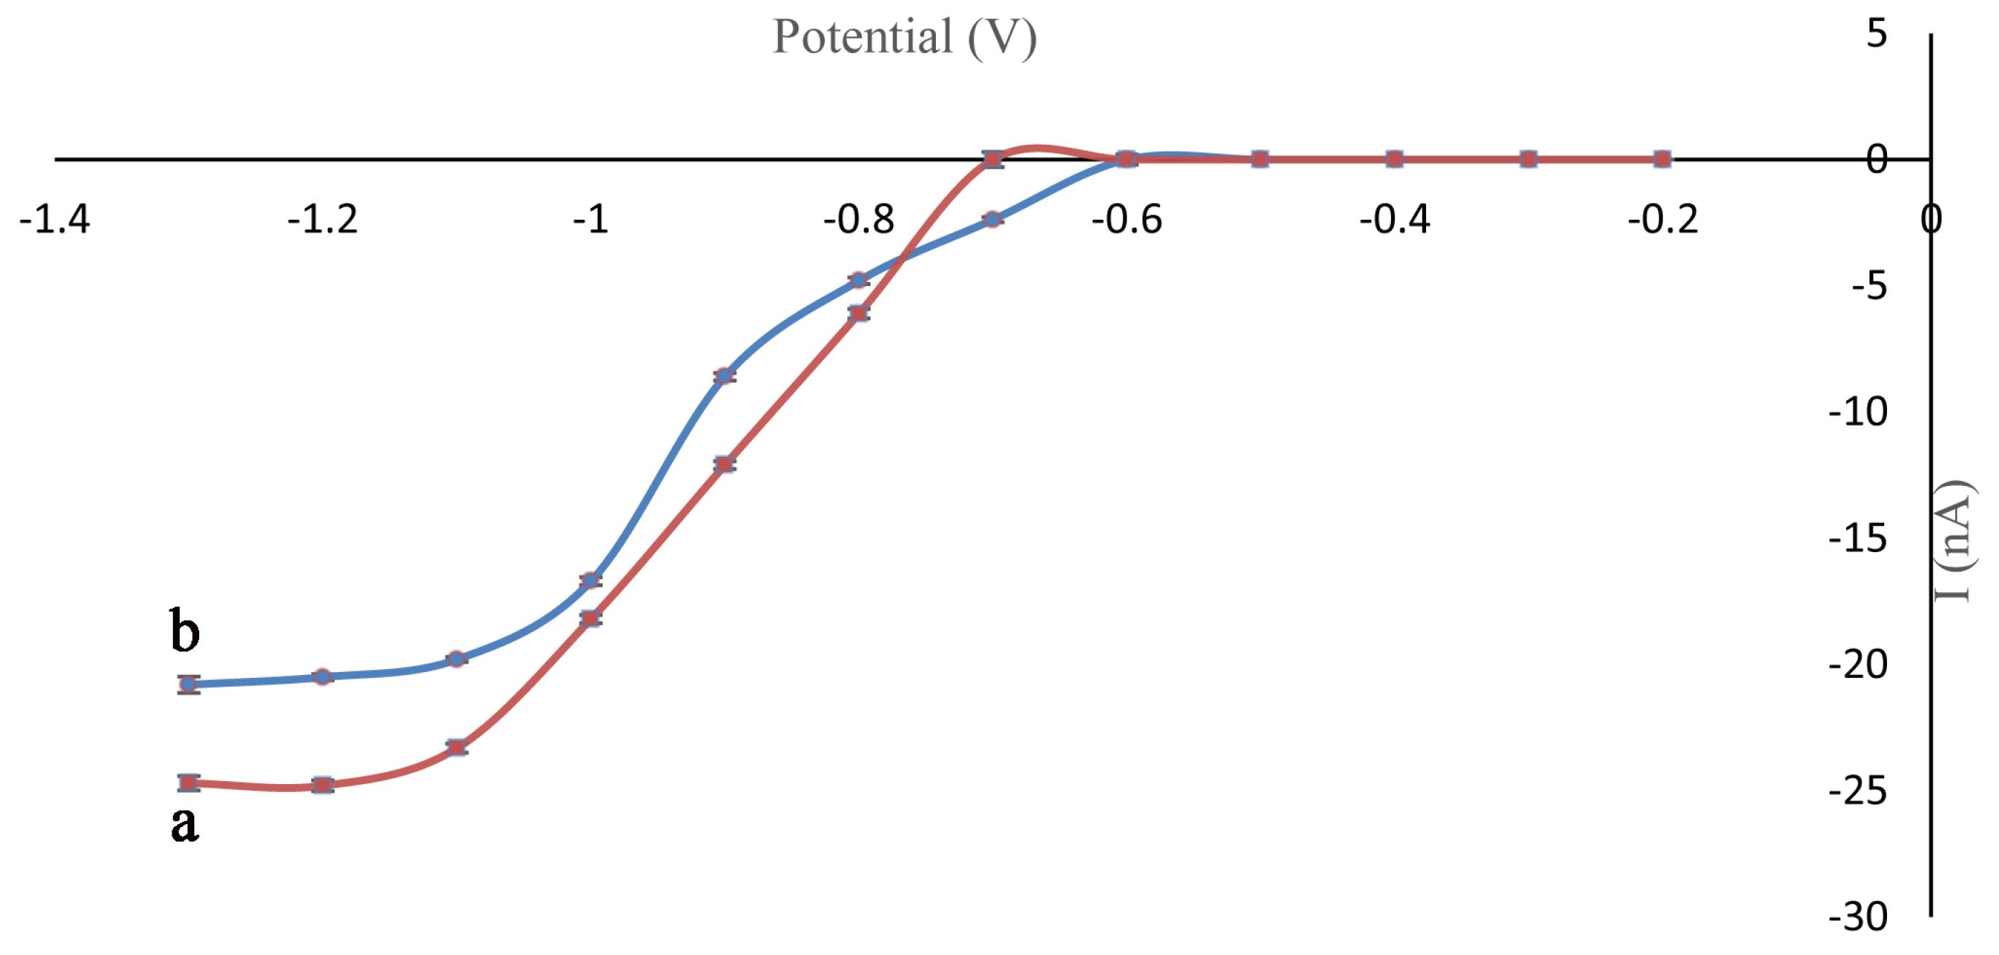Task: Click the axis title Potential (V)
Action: (904, 37)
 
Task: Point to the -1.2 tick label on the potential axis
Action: (322, 220)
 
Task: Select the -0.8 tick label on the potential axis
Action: (858, 220)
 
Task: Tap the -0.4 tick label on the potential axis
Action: (1394, 220)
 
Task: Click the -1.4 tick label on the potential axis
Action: (55, 220)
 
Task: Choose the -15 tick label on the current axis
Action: (1858, 538)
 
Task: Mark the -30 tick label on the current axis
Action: (1858, 917)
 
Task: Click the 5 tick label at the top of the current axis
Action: (1876, 33)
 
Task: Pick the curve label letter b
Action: (185, 631)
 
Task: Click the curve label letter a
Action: (185, 823)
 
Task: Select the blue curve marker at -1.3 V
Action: (188, 684)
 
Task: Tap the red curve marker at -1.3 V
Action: (188, 782)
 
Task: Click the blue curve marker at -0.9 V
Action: (724, 376)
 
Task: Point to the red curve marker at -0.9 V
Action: (724, 464)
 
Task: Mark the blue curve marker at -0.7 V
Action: (992, 219)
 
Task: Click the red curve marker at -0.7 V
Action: (992, 159)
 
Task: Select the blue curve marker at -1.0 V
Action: (590, 580)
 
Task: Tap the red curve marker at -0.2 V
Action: (1662, 159)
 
